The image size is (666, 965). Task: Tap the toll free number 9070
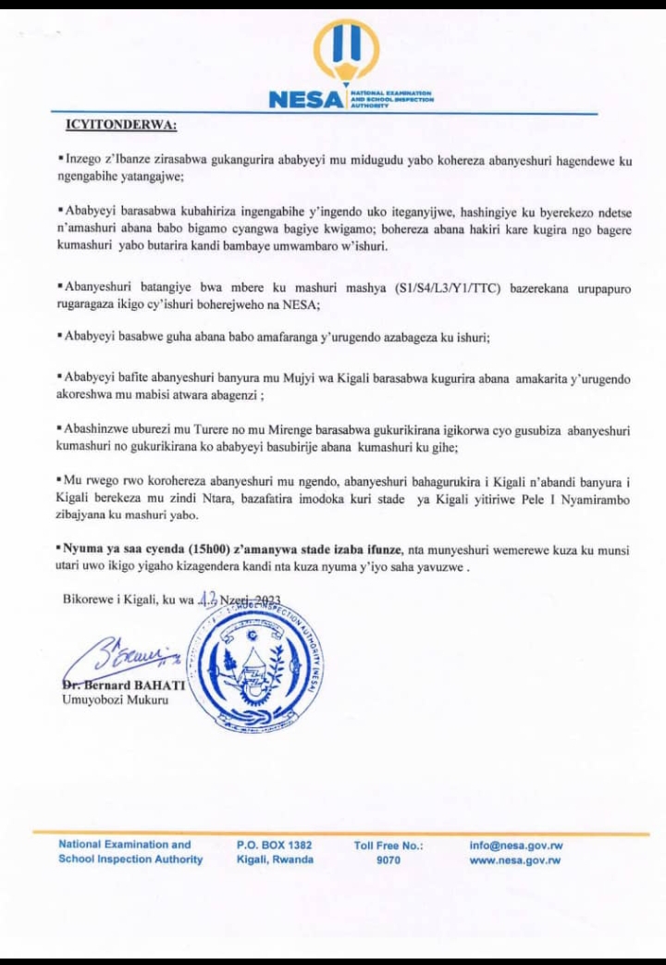tap(388, 860)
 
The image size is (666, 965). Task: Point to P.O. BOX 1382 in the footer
tap(275, 845)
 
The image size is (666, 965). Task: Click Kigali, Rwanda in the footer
tap(275, 860)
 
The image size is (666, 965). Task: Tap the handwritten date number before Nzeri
tap(205, 599)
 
